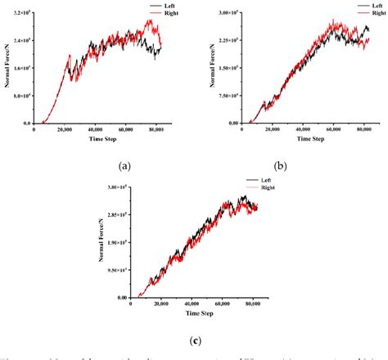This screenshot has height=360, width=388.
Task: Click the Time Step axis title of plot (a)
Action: (97, 139)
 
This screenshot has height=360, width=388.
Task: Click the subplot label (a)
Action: (124, 165)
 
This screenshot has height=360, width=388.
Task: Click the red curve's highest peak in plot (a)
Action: (151, 21)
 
